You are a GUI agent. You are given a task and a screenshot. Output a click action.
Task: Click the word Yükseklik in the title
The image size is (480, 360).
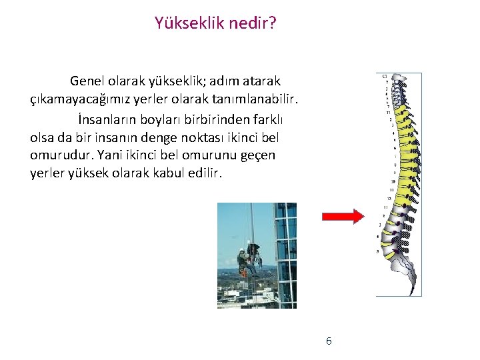[x=185, y=23]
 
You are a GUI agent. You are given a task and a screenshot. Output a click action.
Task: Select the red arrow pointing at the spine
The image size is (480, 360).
[x=342, y=216]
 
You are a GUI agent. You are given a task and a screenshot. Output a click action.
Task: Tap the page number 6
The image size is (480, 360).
[x=329, y=341]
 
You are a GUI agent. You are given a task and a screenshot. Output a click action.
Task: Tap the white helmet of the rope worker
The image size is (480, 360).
[x=241, y=251]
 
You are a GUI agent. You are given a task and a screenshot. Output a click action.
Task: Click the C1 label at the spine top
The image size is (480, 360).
[x=385, y=77]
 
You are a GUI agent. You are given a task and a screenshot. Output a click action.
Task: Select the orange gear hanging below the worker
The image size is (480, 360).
[x=245, y=272]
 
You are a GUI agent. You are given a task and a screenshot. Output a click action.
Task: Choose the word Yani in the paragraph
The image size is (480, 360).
[x=110, y=155]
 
